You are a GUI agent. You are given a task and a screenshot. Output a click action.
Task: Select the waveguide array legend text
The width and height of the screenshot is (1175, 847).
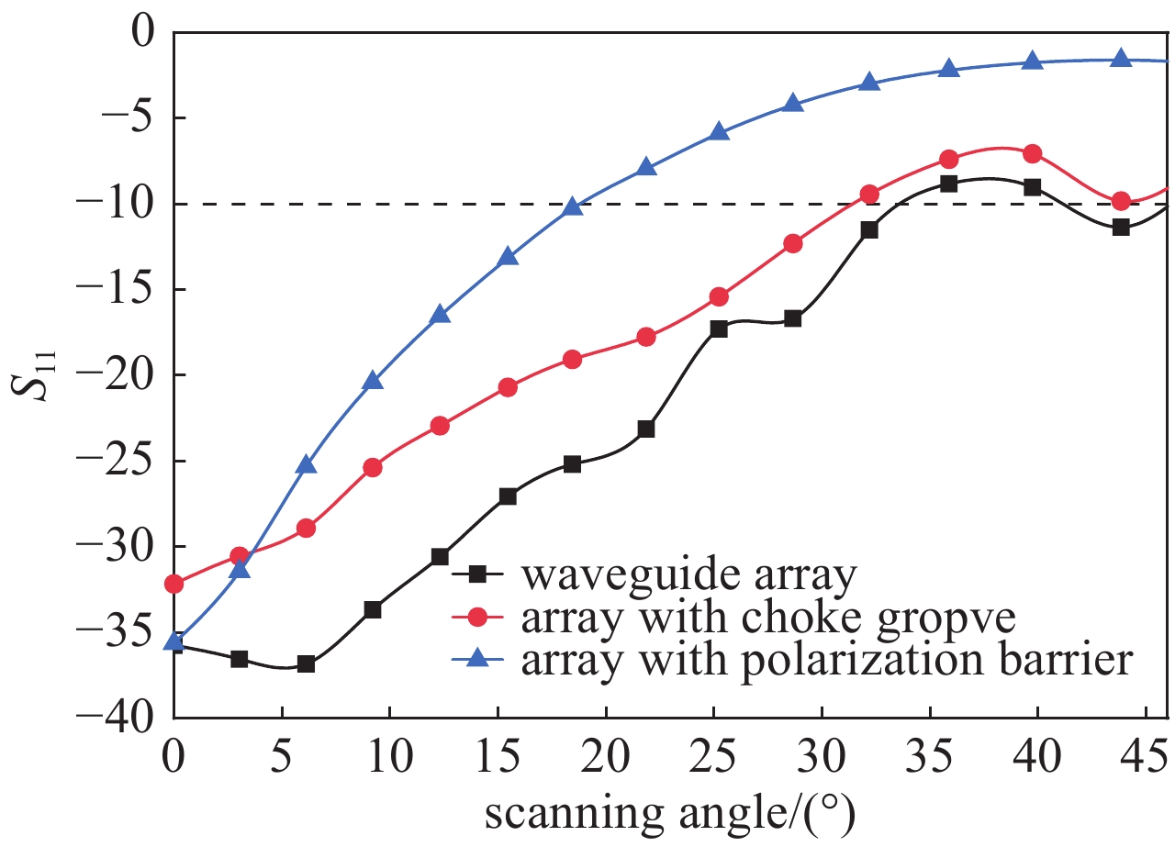pos(688,577)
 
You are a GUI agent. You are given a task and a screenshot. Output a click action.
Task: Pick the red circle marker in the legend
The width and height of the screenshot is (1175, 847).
pos(476,619)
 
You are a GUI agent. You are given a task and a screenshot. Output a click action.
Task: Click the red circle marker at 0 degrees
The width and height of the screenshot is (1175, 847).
pos(174,584)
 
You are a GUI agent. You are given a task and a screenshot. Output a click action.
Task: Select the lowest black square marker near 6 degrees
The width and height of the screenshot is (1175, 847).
pos(307,663)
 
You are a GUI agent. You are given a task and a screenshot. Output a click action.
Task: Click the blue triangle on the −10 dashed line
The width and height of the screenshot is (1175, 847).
pos(573,206)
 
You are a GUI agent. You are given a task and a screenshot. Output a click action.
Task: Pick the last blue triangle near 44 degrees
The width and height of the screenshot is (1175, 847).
pos(1121,58)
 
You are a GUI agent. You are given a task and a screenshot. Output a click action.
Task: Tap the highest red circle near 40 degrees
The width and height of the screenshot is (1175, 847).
pos(1032,153)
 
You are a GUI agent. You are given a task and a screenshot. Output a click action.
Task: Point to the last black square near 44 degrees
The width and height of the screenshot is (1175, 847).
pos(1121,227)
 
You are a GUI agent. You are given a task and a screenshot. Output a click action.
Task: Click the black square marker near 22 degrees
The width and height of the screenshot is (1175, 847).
pos(646,429)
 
